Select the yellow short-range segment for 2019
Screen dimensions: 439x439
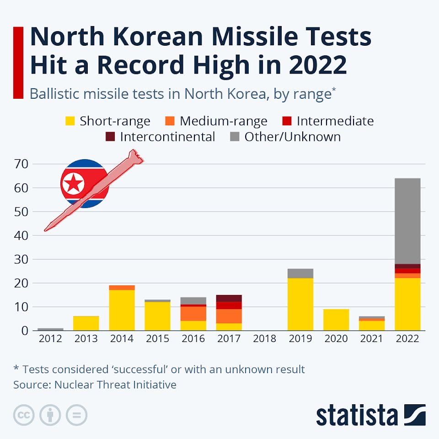tap(300, 304)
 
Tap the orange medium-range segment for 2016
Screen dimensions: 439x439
tap(193, 313)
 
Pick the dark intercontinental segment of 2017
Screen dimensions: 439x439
tap(229, 298)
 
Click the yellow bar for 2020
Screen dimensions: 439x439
tap(336, 320)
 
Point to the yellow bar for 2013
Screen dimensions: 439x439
tap(86, 323)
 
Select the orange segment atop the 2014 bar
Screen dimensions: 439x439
tap(122, 288)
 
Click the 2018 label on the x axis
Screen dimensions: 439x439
tap(265, 339)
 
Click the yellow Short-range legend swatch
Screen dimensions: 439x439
tap(70, 121)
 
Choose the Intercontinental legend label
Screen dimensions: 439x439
tap(167, 137)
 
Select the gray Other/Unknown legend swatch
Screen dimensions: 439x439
tap(235, 137)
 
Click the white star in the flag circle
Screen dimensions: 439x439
tap(74, 184)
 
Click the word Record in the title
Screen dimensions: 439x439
tap(189, 65)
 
